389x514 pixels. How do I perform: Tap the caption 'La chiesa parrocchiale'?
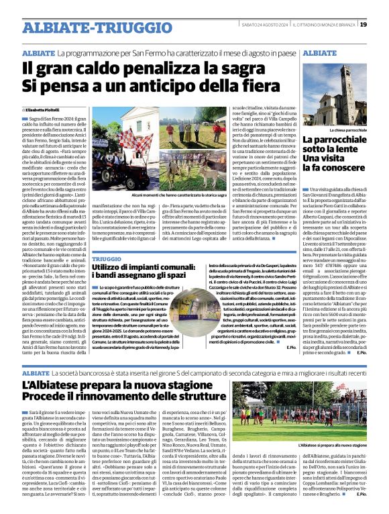(x=347, y=130)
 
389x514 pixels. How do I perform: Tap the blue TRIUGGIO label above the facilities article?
(x=107, y=258)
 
